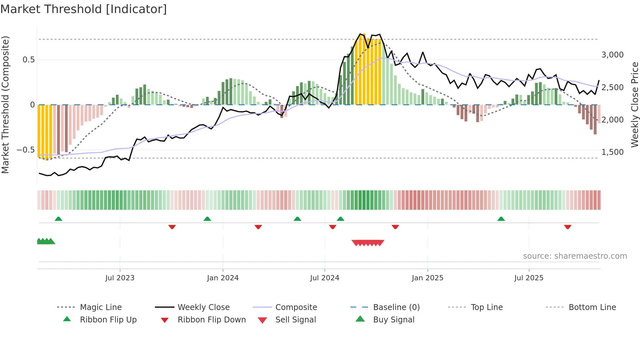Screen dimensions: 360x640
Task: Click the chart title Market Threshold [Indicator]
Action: (84, 9)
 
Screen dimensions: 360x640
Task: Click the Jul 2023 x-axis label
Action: (120, 278)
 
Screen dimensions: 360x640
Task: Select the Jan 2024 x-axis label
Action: (223, 278)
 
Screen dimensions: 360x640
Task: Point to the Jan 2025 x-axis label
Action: (427, 278)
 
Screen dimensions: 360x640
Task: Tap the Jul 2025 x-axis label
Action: (529, 278)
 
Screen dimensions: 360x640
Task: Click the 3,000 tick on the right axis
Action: (612, 55)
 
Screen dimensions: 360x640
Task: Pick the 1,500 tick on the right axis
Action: (612, 152)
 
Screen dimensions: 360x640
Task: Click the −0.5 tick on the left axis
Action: (25, 150)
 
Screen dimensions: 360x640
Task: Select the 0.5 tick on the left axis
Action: (28, 60)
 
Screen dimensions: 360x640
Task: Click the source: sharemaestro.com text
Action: (575, 256)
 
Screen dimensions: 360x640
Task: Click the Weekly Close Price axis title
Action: (634, 105)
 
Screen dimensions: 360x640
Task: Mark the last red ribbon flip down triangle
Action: (568, 227)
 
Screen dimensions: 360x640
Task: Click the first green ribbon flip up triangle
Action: (58, 219)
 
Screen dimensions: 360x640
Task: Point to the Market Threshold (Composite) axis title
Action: (5, 105)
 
